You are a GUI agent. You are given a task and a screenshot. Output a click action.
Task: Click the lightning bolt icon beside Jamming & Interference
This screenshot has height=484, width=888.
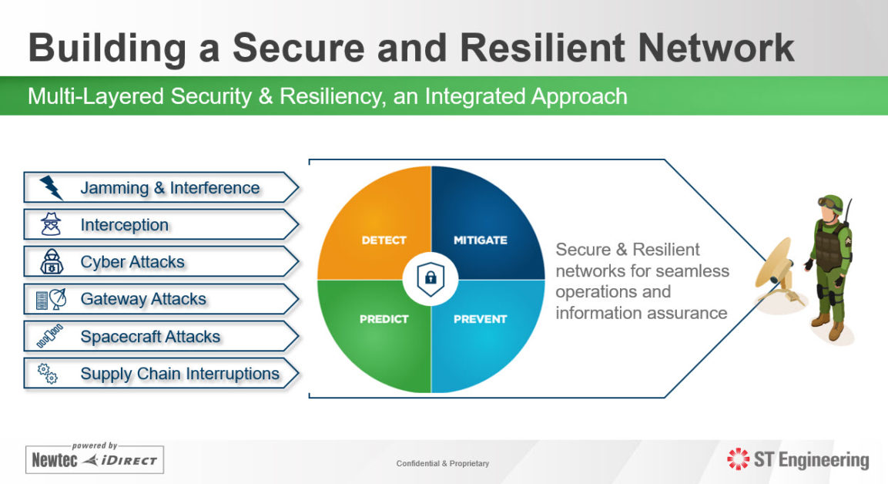(x=52, y=187)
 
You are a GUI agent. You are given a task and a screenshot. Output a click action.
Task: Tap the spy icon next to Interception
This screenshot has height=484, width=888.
(x=51, y=225)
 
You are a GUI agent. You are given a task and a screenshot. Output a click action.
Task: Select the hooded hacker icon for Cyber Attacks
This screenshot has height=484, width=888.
(x=51, y=262)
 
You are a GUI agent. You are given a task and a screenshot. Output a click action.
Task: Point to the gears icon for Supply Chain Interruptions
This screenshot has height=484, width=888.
(x=48, y=374)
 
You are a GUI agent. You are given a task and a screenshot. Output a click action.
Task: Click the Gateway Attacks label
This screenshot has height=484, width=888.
(x=143, y=299)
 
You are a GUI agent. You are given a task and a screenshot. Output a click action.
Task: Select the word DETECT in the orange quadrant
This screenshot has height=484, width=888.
(x=384, y=240)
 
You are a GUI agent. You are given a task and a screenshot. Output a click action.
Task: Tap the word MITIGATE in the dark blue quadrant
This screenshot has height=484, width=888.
(x=480, y=240)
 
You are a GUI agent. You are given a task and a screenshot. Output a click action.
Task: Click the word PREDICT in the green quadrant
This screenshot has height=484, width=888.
(x=384, y=318)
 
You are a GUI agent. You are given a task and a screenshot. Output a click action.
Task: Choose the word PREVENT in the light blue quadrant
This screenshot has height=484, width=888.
(x=480, y=318)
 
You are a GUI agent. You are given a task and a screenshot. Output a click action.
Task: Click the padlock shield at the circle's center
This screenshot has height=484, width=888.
(x=431, y=279)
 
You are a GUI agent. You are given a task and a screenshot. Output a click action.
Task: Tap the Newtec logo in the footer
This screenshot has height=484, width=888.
(x=55, y=461)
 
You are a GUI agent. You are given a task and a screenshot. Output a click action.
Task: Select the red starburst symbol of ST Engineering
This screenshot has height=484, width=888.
(x=738, y=460)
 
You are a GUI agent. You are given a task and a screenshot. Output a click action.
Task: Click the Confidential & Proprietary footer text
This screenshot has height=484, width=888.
(x=443, y=463)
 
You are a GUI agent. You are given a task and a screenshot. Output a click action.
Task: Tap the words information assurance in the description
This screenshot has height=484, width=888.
(x=641, y=313)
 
